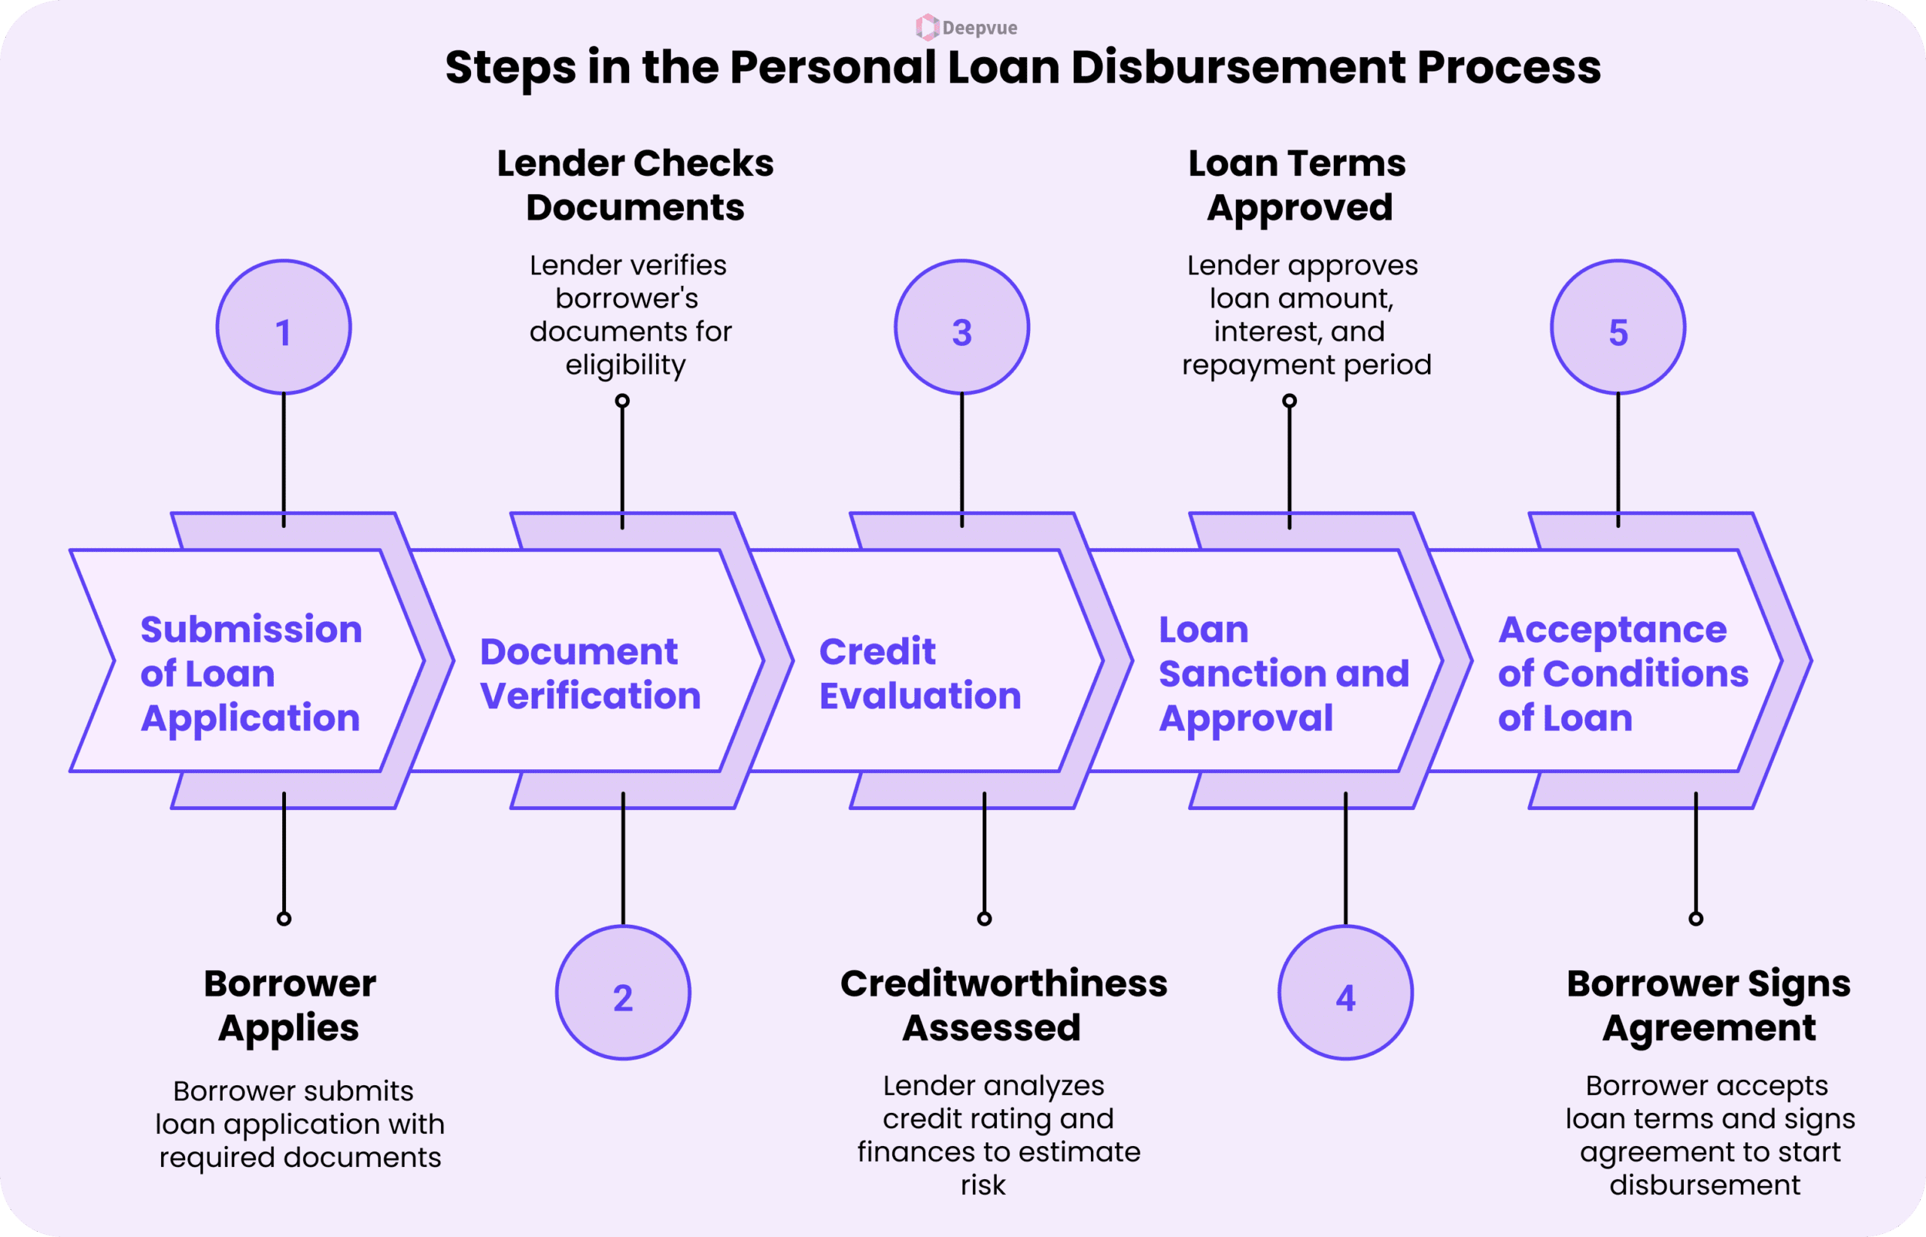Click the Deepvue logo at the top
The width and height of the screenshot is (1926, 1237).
click(966, 27)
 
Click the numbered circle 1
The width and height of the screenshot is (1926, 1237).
click(284, 328)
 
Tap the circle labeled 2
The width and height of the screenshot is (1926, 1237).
click(623, 993)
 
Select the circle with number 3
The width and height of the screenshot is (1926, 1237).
click(961, 328)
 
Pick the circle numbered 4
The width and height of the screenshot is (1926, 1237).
click(1345, 993)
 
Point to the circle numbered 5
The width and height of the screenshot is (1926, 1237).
click(1618, 328)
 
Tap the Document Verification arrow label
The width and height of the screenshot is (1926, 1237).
click(590, 673)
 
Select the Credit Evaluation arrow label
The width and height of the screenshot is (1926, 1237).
click(919, 673)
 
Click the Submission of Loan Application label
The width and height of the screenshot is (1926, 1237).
click(251, 673)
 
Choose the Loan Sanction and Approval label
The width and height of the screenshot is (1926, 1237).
click(1283, 673)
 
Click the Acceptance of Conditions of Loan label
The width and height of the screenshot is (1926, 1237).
click(1622, 673)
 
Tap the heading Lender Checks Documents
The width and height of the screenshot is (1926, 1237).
click(635, 186)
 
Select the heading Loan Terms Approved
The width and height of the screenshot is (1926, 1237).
click(1298, 186)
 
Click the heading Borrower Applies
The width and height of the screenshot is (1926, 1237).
click(289, 1005)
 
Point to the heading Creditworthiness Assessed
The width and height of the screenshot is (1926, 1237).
click(1003, 1005)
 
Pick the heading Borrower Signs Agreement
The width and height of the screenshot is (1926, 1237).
click(1709, 1005)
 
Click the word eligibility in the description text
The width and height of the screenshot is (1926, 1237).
click(625, 365)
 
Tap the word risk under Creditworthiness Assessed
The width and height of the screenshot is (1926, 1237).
click(983, 1186)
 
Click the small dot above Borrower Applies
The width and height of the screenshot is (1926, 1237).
click(284, 919)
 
